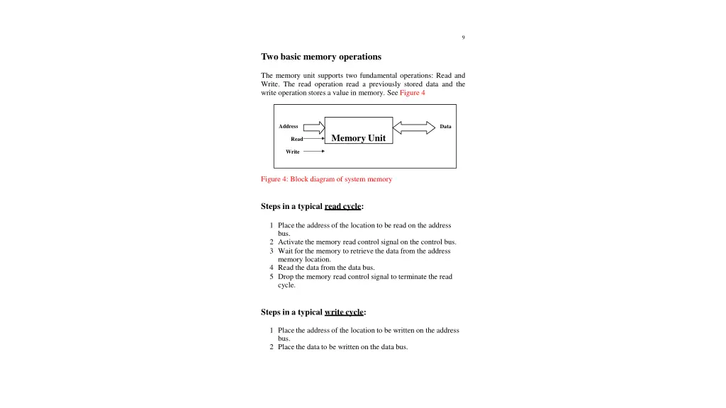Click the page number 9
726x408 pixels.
point(463,38)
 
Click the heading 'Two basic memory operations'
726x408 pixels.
point(320,57)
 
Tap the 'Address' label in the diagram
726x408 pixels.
point(289,127)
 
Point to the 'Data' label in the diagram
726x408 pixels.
point(445,127)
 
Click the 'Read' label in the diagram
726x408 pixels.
point(296,140)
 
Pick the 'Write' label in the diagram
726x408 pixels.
point(293,152)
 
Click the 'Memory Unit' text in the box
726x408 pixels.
point(358,138)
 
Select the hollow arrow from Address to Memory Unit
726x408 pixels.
point(313,127)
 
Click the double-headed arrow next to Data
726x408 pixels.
point(414,127)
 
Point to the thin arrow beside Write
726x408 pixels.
point(313,151)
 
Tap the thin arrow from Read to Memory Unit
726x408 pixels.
point(314,140)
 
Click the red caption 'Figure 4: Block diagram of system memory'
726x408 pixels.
point(326,179)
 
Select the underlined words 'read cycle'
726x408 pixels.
point(342,207)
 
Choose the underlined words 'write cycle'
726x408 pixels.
point(344,312)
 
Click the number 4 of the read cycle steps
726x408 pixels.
point(272,268)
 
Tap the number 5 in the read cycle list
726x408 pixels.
point(272,277)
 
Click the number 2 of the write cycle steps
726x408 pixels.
point(272,347)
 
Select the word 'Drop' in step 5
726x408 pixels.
point(286,277)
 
